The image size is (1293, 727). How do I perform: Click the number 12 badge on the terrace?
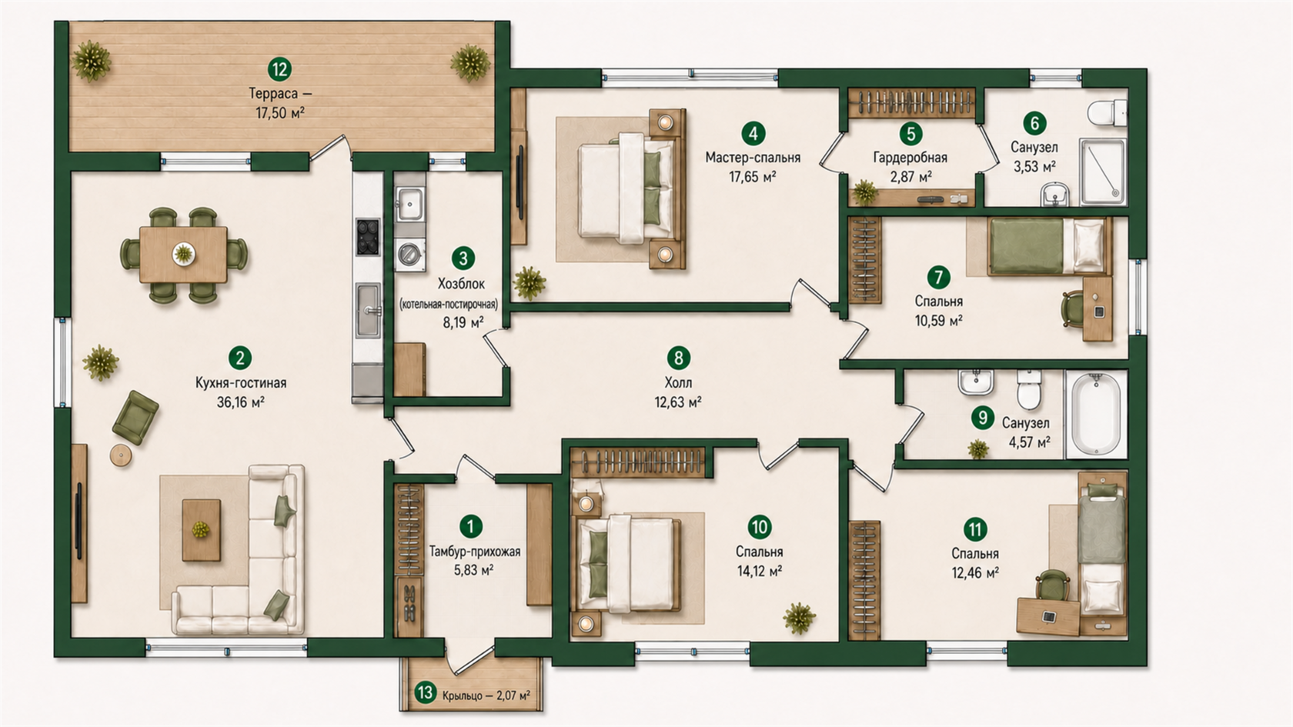(279, 69)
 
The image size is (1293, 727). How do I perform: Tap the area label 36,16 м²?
(241, 402)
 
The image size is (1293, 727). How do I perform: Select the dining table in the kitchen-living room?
(183, 255)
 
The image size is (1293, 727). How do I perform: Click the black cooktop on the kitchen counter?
(368, 237)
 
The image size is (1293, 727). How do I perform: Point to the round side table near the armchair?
(121, 455)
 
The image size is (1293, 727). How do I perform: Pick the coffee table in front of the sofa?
(201, 530)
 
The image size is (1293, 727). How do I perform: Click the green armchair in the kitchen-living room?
(135, 417)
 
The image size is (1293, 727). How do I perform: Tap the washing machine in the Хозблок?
(410, 254)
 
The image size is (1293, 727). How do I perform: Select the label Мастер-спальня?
(753, 158)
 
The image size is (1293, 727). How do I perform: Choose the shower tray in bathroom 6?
(1102, 172)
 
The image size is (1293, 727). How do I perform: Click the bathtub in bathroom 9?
(1096, 414)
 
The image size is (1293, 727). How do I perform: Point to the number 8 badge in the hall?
(678, 358)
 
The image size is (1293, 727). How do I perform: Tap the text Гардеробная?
(910, 157)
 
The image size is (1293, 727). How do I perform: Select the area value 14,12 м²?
(760, 571)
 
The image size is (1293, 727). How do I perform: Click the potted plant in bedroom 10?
(800, 618)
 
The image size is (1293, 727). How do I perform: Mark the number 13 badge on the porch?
(426, 692)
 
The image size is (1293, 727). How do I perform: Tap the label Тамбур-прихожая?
(474, 552)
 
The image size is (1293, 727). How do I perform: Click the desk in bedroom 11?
(1047, 617)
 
